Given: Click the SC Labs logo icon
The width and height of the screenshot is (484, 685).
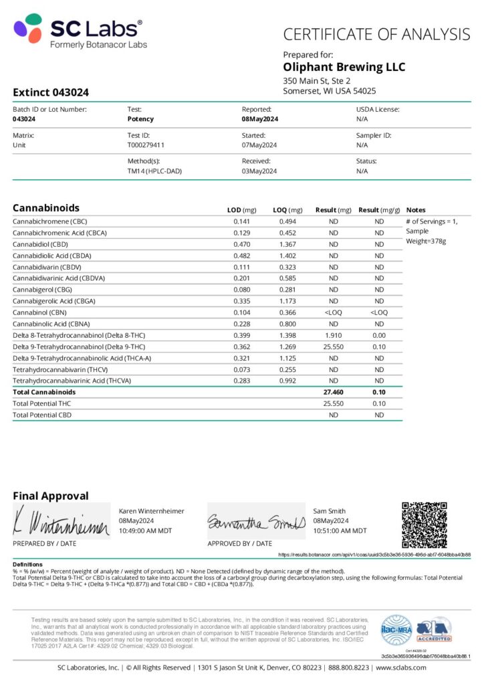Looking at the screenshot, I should click(29, 29).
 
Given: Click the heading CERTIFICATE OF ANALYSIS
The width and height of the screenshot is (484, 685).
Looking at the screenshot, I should click(376, 34).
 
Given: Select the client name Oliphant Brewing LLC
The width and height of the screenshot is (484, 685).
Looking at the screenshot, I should click(344, 67).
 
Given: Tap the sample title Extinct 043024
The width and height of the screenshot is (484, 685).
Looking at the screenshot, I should click(51, 92).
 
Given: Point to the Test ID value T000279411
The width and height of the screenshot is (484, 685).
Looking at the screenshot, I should click(146, 144).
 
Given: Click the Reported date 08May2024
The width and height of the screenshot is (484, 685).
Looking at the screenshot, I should click(260, 118).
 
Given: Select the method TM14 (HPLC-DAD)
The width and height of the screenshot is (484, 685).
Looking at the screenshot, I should click(154, 171).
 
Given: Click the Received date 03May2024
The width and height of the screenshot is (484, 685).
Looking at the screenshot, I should click(259, 171).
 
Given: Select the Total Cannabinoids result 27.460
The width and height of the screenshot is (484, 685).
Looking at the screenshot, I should click(333, 392).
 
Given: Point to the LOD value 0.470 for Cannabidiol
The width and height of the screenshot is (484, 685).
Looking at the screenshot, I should click(241, 244).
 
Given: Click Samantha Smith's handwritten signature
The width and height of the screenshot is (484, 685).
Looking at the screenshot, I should click(256, 522).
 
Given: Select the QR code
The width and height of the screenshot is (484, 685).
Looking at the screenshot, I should click(424, 524).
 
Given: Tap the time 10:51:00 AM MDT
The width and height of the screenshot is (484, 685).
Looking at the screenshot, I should click(340, 530).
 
